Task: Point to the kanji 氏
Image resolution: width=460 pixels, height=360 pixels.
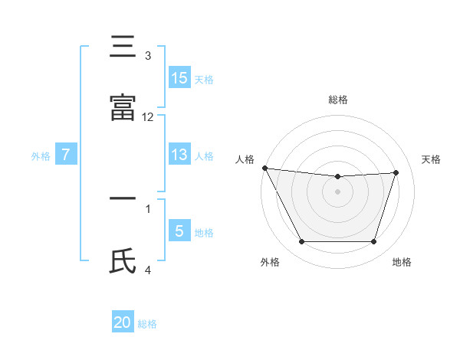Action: [123, 261]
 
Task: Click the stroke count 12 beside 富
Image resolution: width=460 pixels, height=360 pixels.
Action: [148, 116]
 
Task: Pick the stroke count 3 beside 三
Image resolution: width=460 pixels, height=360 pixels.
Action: [148, 55]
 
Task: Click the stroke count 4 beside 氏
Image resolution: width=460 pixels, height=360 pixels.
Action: [148, 269]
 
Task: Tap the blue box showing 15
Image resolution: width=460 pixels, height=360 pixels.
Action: [179, 78]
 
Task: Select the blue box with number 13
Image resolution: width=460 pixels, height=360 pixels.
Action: [179, 155]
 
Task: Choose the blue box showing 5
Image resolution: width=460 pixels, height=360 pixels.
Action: [179, 231]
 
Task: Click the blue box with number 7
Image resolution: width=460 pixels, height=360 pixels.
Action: [66, 155]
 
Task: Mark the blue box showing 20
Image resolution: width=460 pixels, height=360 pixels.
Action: [123, 322]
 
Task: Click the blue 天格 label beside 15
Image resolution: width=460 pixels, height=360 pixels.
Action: [204, 79]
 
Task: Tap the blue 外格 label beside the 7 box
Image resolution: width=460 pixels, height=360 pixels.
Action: [41, 155]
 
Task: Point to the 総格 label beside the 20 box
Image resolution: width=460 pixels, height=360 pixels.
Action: [147, 323]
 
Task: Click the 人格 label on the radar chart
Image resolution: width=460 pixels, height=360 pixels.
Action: [245, 159]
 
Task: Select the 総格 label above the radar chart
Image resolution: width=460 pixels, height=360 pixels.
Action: [338, 100]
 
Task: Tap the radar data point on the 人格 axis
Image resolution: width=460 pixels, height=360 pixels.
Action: [264, 168]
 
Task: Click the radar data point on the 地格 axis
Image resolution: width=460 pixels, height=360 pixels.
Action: [373, 242]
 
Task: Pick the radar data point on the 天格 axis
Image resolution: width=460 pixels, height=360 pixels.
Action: [396, 172]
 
